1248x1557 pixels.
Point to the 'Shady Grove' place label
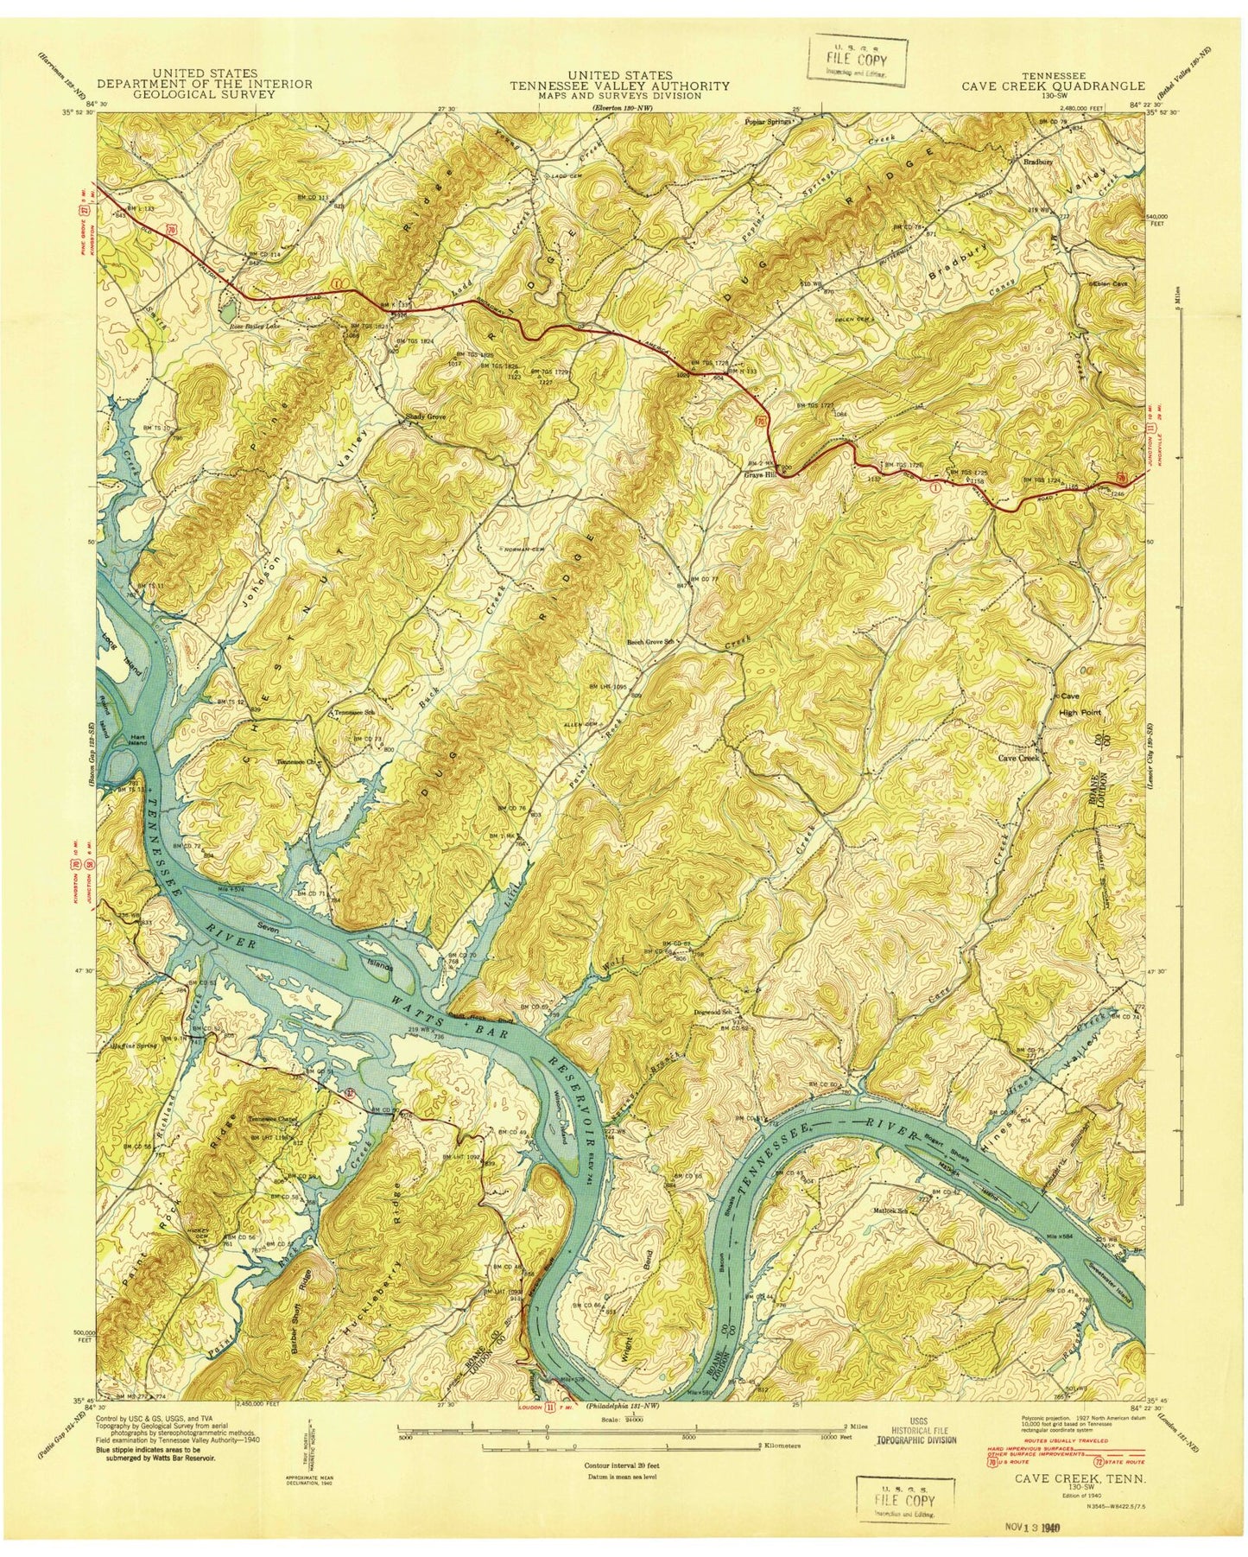click(426, 416)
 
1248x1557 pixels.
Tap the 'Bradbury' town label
click(1033, 160)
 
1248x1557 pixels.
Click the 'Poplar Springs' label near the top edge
click(768, 122)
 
